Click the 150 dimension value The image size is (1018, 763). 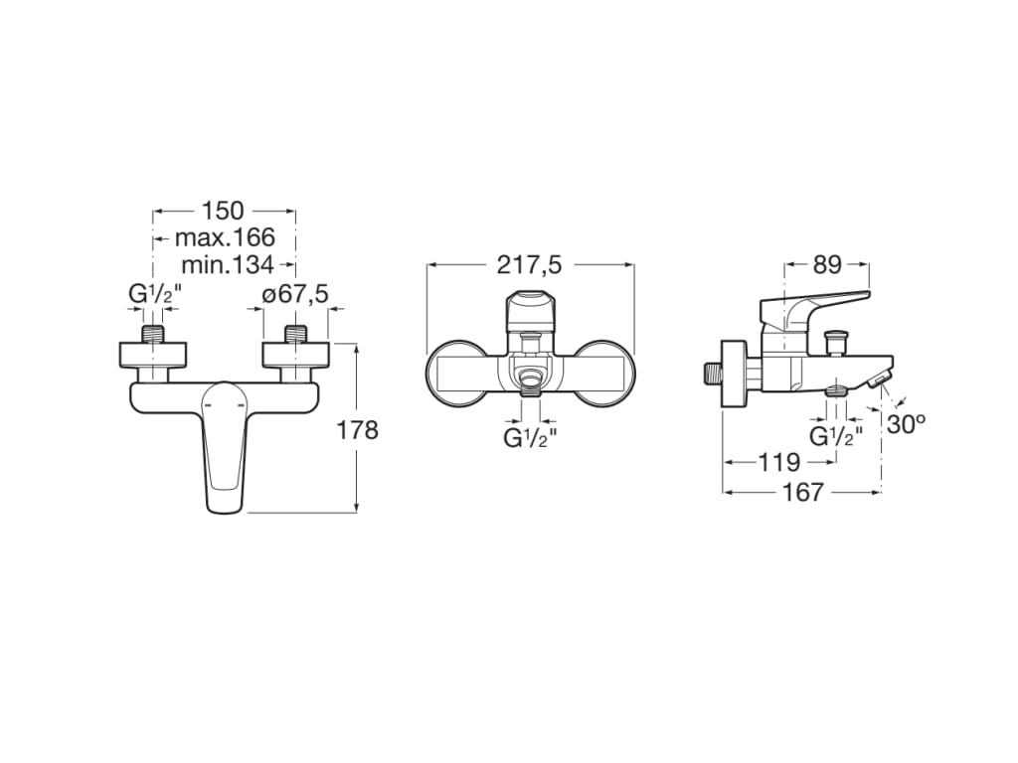pos(223,211)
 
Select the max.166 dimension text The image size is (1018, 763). pos(225,237)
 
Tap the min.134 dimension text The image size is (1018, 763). pos(228,264)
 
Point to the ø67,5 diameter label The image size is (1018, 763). pos(294,294)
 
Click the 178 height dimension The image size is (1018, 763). pos(357,429)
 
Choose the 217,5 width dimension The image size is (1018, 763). pos(529,264)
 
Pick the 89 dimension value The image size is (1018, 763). pos(827,264)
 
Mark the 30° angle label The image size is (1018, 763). pos(907,424)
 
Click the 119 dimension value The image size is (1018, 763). pos(779,462)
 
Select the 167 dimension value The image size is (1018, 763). pos(802,492)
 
